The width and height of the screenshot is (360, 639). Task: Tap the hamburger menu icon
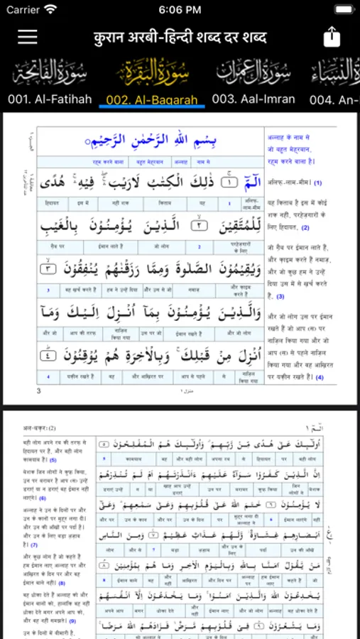28,37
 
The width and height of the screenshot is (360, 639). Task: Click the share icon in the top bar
332,36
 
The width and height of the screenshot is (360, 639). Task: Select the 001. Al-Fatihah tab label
50,99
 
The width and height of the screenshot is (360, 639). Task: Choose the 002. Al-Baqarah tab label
152,99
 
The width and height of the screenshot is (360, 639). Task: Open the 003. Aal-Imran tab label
253,99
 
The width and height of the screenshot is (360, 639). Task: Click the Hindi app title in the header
180,37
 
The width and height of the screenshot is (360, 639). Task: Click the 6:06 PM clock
180,10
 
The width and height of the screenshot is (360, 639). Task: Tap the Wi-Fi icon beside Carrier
50,10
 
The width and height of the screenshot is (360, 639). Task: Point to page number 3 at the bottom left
39,390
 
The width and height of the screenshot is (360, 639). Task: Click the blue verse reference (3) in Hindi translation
280,296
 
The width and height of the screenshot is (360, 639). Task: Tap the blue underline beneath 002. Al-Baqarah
152,108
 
